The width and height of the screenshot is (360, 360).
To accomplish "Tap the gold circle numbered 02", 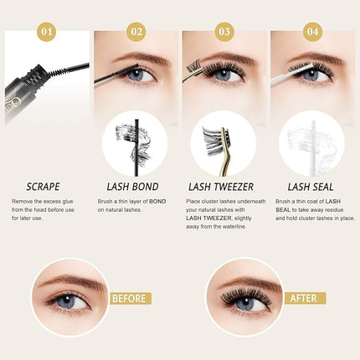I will click(136, 33).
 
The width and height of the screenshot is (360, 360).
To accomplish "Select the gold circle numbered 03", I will click(224, 33).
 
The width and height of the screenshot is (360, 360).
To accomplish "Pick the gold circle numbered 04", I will click(311, 33).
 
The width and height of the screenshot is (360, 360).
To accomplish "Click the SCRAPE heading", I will click(44, 187).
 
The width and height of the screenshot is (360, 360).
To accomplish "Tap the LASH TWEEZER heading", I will click(224, 187).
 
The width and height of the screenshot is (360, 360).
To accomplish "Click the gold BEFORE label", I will click(129, 297).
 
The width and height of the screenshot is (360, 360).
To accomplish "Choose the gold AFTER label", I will click(305, 297).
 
